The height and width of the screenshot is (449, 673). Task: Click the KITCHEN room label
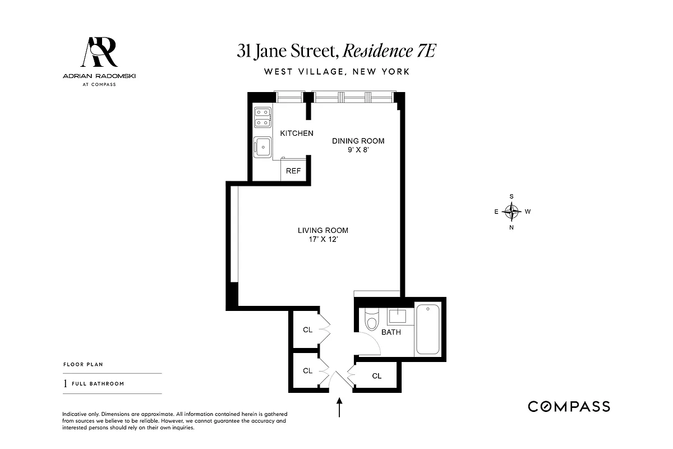pyautogui.click(x=297, y=133)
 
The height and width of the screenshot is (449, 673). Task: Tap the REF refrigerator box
pyautogui.click(x=293, y=171)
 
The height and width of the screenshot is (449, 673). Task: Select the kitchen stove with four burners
pyautogui.click(x=262, y=118)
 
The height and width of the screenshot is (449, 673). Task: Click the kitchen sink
pyautogui.click(x=262, y=146)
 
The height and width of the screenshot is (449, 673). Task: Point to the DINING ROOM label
pyautogui.click(x=358, y=141)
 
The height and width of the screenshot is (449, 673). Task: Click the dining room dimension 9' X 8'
pyautogui.click(x=358, y=150)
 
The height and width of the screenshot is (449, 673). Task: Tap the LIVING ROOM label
pyautogui.click(x=322, y=230)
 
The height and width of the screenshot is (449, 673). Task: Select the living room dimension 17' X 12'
pyautogui.click(x=322, y=240)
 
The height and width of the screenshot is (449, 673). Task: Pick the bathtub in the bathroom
pyautogui.click(x=428, y=328)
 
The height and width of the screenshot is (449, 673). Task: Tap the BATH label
pyautogui.click(x=391, y=332)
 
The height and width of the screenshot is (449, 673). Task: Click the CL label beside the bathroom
pyautogui.click(x=377, y=376)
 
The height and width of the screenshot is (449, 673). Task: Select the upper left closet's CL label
pyautogui.click(x=307, y=330)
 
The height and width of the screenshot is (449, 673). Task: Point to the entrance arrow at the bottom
pyautogui.click(x=339, y=408)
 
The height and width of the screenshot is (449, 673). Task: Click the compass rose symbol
pyautogui.click(x=511, y=212)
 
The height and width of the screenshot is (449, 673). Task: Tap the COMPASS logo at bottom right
pyautogui.click(x=569, y=407)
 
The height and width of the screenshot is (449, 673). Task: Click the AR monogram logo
pyautogui.click(x=100, y=52)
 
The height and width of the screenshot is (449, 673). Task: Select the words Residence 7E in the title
pyautogui.click(x=389, y=51)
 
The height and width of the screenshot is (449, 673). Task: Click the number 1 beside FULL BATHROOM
pyautogui.click(x=66, y=384)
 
